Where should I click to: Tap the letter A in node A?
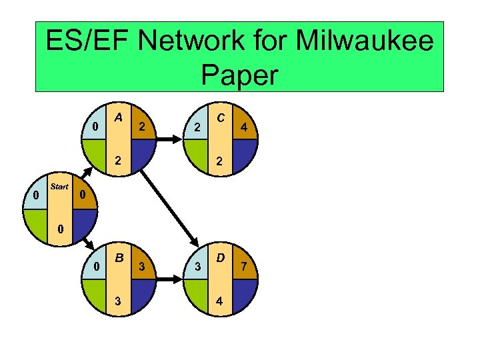pyautogui.click(x=117, y=117)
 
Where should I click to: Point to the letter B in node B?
pyautogui.click(x=118, y=257)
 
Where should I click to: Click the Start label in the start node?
pyautogui.click(x=59, y=187)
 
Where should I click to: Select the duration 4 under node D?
pyautogui.click(x=218, y=300)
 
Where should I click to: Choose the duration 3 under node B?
pyautogui.click(x=118, y=300)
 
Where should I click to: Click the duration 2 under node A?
pyautogui.click(x=118, y=160)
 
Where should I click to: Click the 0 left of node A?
pyautogui.click(x=95, y=127)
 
